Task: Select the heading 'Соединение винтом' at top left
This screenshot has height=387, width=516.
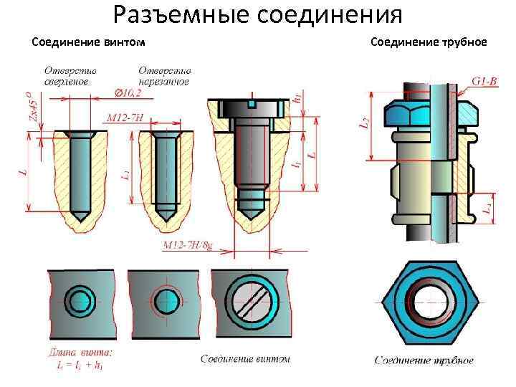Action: (89, 42)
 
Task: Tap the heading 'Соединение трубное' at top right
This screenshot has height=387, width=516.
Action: (429, 42)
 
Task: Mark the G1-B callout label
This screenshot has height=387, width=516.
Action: (484, 82)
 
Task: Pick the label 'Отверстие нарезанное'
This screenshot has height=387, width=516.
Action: (164, 76)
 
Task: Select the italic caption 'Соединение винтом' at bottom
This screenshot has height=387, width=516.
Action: (245, 358)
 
